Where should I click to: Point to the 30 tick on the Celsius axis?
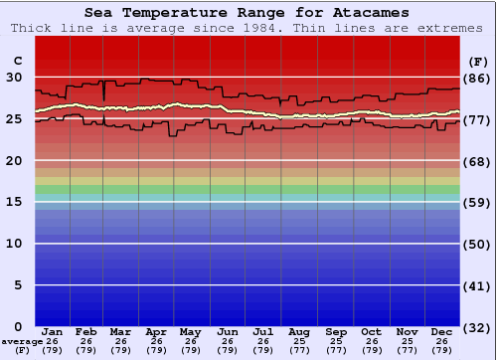coord(14,77)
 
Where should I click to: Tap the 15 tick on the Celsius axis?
coord(14,202)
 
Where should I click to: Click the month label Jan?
coord(53,331)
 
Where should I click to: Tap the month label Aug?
coord(299,331)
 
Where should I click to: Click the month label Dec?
coord(442,331)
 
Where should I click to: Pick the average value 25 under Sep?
coord(335,341)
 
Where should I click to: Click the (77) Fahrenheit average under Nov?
coord(407,350)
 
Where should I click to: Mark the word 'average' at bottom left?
coord(22,341)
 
